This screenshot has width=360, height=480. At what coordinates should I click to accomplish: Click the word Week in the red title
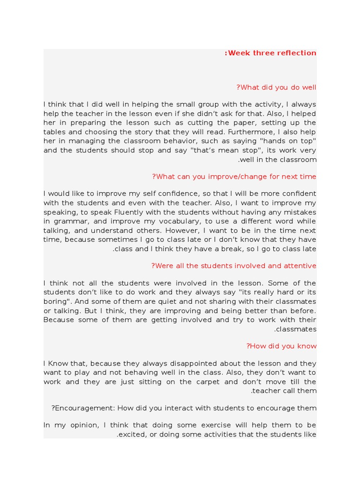(240, 53)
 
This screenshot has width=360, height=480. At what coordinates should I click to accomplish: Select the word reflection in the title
(296, 53)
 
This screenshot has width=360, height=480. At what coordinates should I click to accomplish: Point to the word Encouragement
(83, 408)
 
